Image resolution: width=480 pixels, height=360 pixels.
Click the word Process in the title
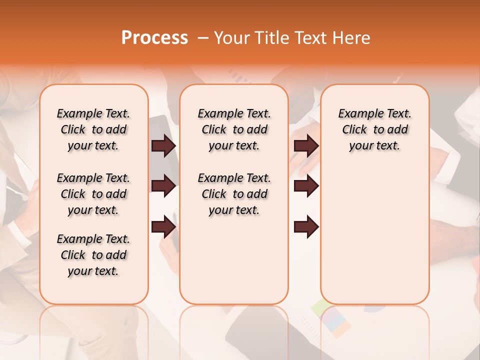coord(154,38)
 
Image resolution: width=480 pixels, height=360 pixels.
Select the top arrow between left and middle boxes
coord(163,145)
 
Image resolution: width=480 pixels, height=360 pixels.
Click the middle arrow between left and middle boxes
coord(163,186)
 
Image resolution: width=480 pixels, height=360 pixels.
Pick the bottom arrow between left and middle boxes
coord(163,226)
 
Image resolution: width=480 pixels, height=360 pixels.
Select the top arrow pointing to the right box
coord(306,145)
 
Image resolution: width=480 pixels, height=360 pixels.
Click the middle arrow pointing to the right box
coord(306,186)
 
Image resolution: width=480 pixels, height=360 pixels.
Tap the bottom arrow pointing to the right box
coord(306,226)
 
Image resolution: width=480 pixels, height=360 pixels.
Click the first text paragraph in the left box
coord(93,129)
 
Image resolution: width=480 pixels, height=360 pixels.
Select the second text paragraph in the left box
coord(93,194)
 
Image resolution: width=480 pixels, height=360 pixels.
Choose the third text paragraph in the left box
coord(93,255)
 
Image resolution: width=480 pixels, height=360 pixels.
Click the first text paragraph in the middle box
coord(234,129)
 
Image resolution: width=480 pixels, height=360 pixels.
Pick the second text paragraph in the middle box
coord(234,194)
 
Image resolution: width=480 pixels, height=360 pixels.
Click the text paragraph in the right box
coord(374,129)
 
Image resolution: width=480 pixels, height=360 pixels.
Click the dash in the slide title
coord(203,38)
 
